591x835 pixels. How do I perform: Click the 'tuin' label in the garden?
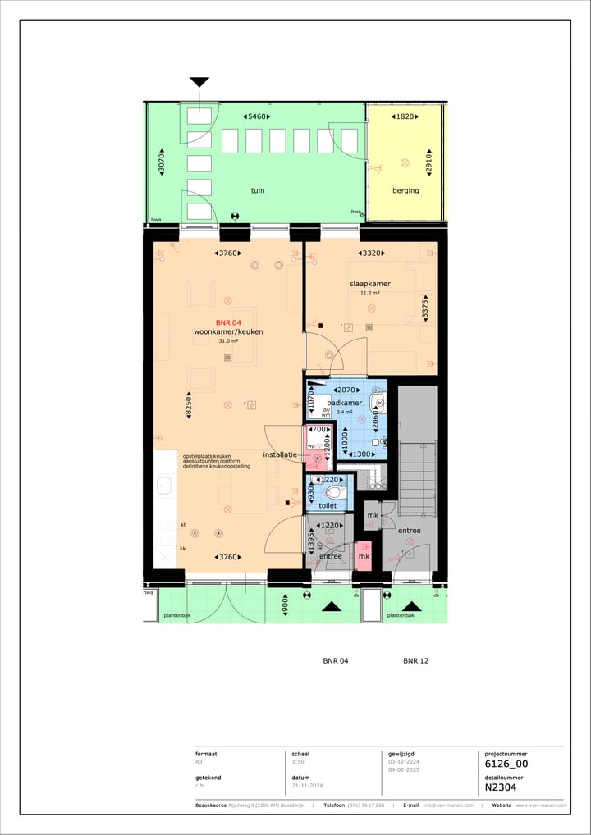coord(258,190)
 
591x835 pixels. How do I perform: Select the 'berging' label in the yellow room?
coord(405,190)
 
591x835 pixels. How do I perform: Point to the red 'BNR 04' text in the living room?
coord(228,322)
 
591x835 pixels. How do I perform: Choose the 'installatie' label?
coord(280,454)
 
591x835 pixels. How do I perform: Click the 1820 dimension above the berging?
coord(405,117)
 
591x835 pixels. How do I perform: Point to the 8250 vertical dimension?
coord(188,404)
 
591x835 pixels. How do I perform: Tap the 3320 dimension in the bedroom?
coord(371,253)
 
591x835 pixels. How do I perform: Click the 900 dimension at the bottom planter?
coord(285,608)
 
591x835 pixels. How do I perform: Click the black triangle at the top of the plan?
coord(199,82)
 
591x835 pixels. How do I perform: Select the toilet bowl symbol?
coord(335,493)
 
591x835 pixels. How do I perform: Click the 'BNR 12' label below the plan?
coord(416,660)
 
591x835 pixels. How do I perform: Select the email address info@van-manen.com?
coord(448,805)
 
